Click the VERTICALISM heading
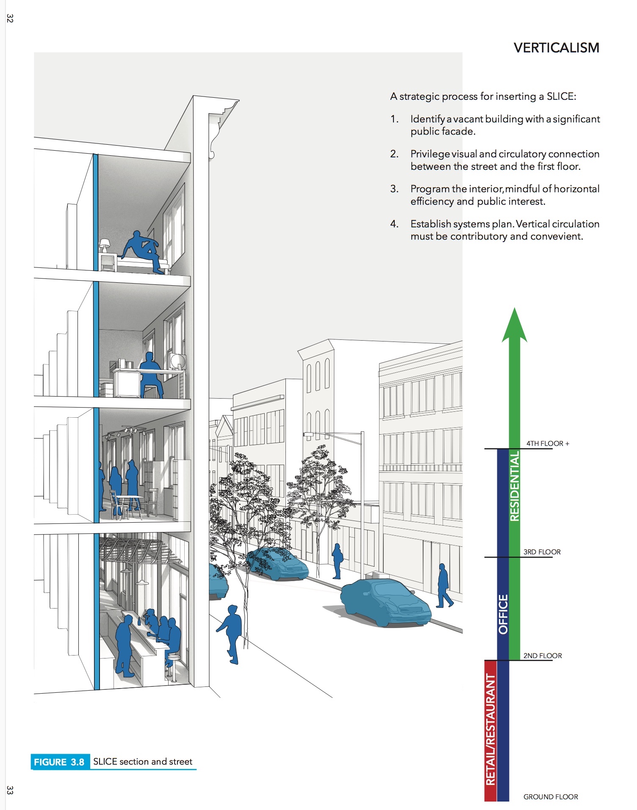tap(556, 48)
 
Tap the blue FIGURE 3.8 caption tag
tap(59, 762)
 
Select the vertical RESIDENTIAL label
tap(514, 486)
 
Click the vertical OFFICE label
tap(503, 614)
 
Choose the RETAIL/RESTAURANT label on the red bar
tap(490, 729)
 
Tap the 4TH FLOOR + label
tap(548, 444)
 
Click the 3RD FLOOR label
tap(542, 552)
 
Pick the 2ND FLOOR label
tap(543, 656)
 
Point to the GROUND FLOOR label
tap(551, 797)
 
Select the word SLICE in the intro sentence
tap(559, 96)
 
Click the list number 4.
tap(394, 224)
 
